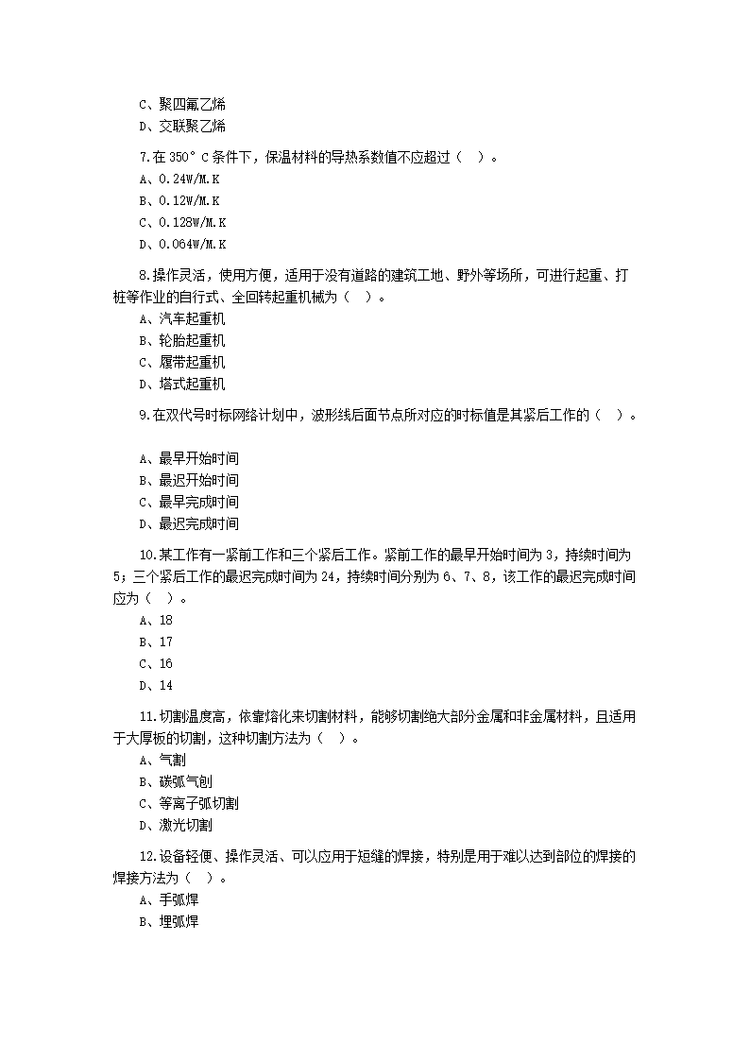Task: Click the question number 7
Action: coord(144,157)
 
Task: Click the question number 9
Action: coord(144,415)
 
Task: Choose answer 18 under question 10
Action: coord(165,621)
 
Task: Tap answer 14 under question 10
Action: coord(165,686)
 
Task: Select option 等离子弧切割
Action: coord(198,804)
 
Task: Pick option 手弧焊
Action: coord(179,900)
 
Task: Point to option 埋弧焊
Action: coord(179,922)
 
